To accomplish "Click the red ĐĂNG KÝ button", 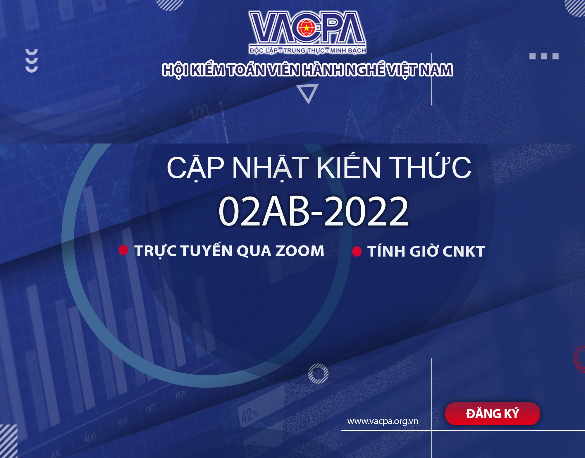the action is coord(492,413).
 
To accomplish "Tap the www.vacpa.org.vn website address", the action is coord(383,421).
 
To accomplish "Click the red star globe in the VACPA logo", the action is coord(306,28).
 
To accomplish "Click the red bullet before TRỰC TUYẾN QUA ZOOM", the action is coord(123,250).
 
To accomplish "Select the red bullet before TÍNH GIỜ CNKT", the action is coord(357,252).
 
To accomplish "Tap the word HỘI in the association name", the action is coord(175,70).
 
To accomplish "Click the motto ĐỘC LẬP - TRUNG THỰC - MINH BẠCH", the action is coord(307,50).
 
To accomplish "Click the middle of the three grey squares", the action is coord(544,56).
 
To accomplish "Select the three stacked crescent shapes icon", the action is coord(32,61).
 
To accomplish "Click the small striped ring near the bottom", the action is coord(318,374).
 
